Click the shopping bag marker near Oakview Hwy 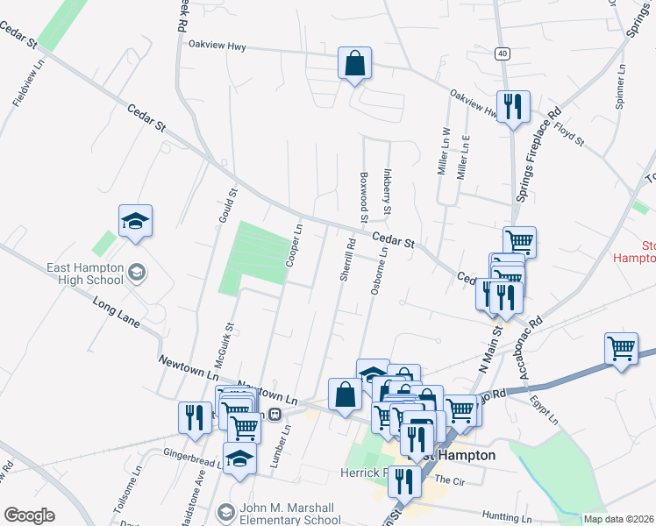tap(355, 64)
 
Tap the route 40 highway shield tap(501, 53)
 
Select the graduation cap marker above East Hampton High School tap(136, 223)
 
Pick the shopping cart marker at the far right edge tap(621, 348)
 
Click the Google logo tap(29, 515)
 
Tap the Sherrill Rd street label tap(346, 259)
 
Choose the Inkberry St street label tap(386, 193)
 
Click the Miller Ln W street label tap(443, 151)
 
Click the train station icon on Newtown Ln tap(275, 414)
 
